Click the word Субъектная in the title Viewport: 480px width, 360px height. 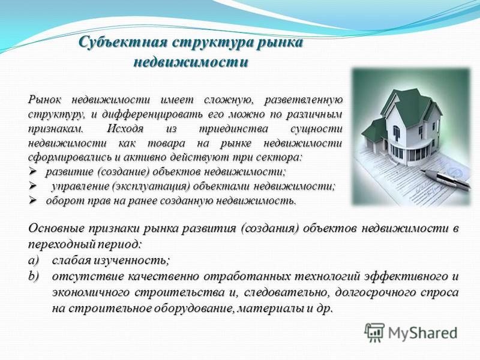point(122,42)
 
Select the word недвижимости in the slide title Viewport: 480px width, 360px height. point(191,62)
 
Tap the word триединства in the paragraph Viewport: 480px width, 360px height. point(233,128)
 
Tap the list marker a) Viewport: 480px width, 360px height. point(34,260)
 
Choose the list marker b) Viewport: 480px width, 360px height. point(34,276)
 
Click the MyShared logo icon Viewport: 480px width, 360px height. point(374,333)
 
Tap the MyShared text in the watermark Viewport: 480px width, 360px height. point(422,333)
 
